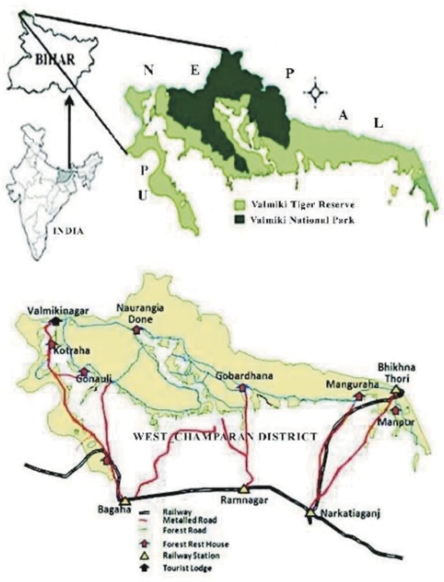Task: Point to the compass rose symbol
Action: [x=316, y=92]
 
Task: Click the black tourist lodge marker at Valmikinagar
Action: [x=55, y=321]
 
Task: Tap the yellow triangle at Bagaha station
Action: [x=125, y=501]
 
